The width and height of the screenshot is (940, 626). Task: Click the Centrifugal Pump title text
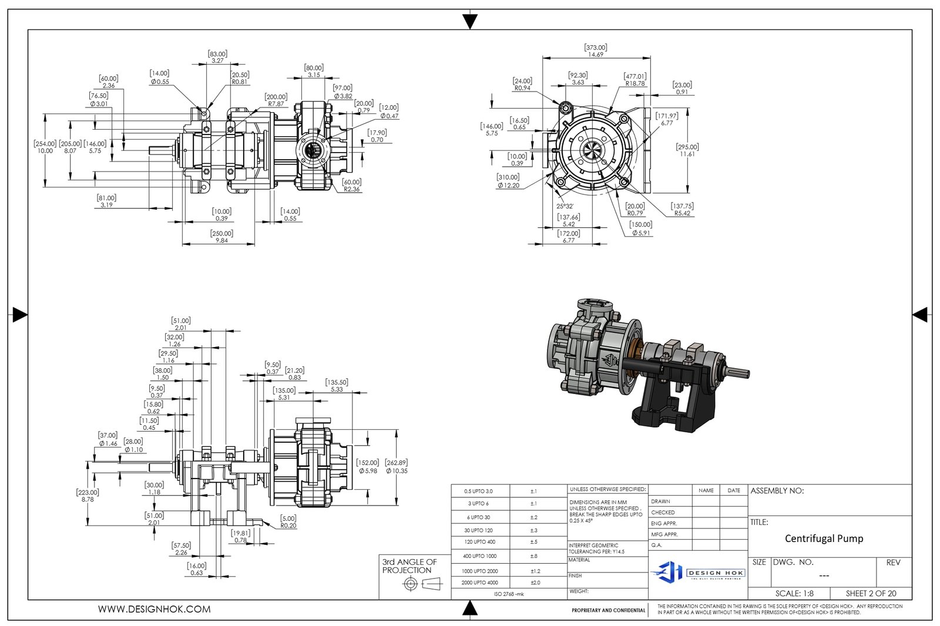[x=824, y=539]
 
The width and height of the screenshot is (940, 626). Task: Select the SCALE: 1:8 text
[x=794, y=593]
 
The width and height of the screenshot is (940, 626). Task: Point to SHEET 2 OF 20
[x=871, y=593]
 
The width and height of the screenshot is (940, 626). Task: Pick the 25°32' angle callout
[x=565, y=206]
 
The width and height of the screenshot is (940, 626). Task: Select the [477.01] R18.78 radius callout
[x=635, y=80]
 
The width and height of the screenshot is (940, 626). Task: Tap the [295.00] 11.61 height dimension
[x=687, y=150]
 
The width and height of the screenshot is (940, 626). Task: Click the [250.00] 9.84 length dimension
[x=221, y=237]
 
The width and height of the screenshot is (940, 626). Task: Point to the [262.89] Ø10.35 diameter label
[x=397, y=467]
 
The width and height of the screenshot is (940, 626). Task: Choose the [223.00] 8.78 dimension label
[x=88, y=496]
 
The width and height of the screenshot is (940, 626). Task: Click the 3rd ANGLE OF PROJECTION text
[x=409, y=566]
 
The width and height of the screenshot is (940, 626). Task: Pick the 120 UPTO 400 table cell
[x=479, y=542]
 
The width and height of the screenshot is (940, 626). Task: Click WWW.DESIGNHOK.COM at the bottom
[x=154, y=610]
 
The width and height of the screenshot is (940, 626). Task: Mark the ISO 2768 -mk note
[x=509, y=594]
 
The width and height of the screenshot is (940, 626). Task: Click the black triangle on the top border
[x=470, y=22]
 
